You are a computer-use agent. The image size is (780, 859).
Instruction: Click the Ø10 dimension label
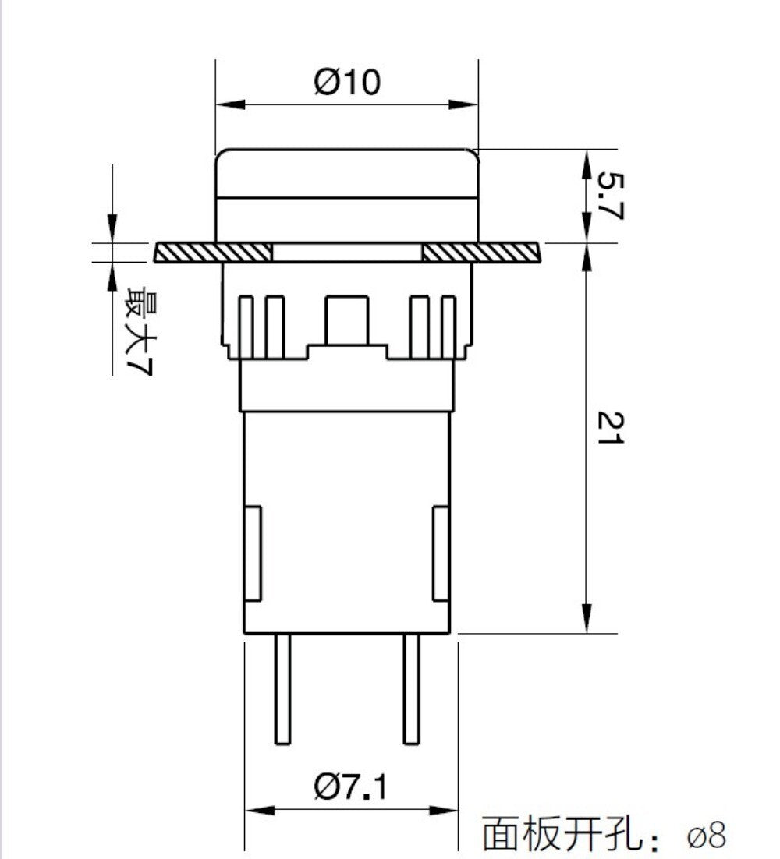[x=346, y=82]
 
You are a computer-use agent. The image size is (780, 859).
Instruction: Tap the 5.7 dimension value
[x=609, y=196]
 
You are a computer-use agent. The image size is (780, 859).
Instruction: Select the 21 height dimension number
[x=609, y=428]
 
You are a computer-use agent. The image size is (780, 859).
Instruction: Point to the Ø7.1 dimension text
[x=350, y=787]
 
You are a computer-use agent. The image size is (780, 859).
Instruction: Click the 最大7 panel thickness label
[x=140, y=331]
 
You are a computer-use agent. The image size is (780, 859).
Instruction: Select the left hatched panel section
[x=213, y=252]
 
